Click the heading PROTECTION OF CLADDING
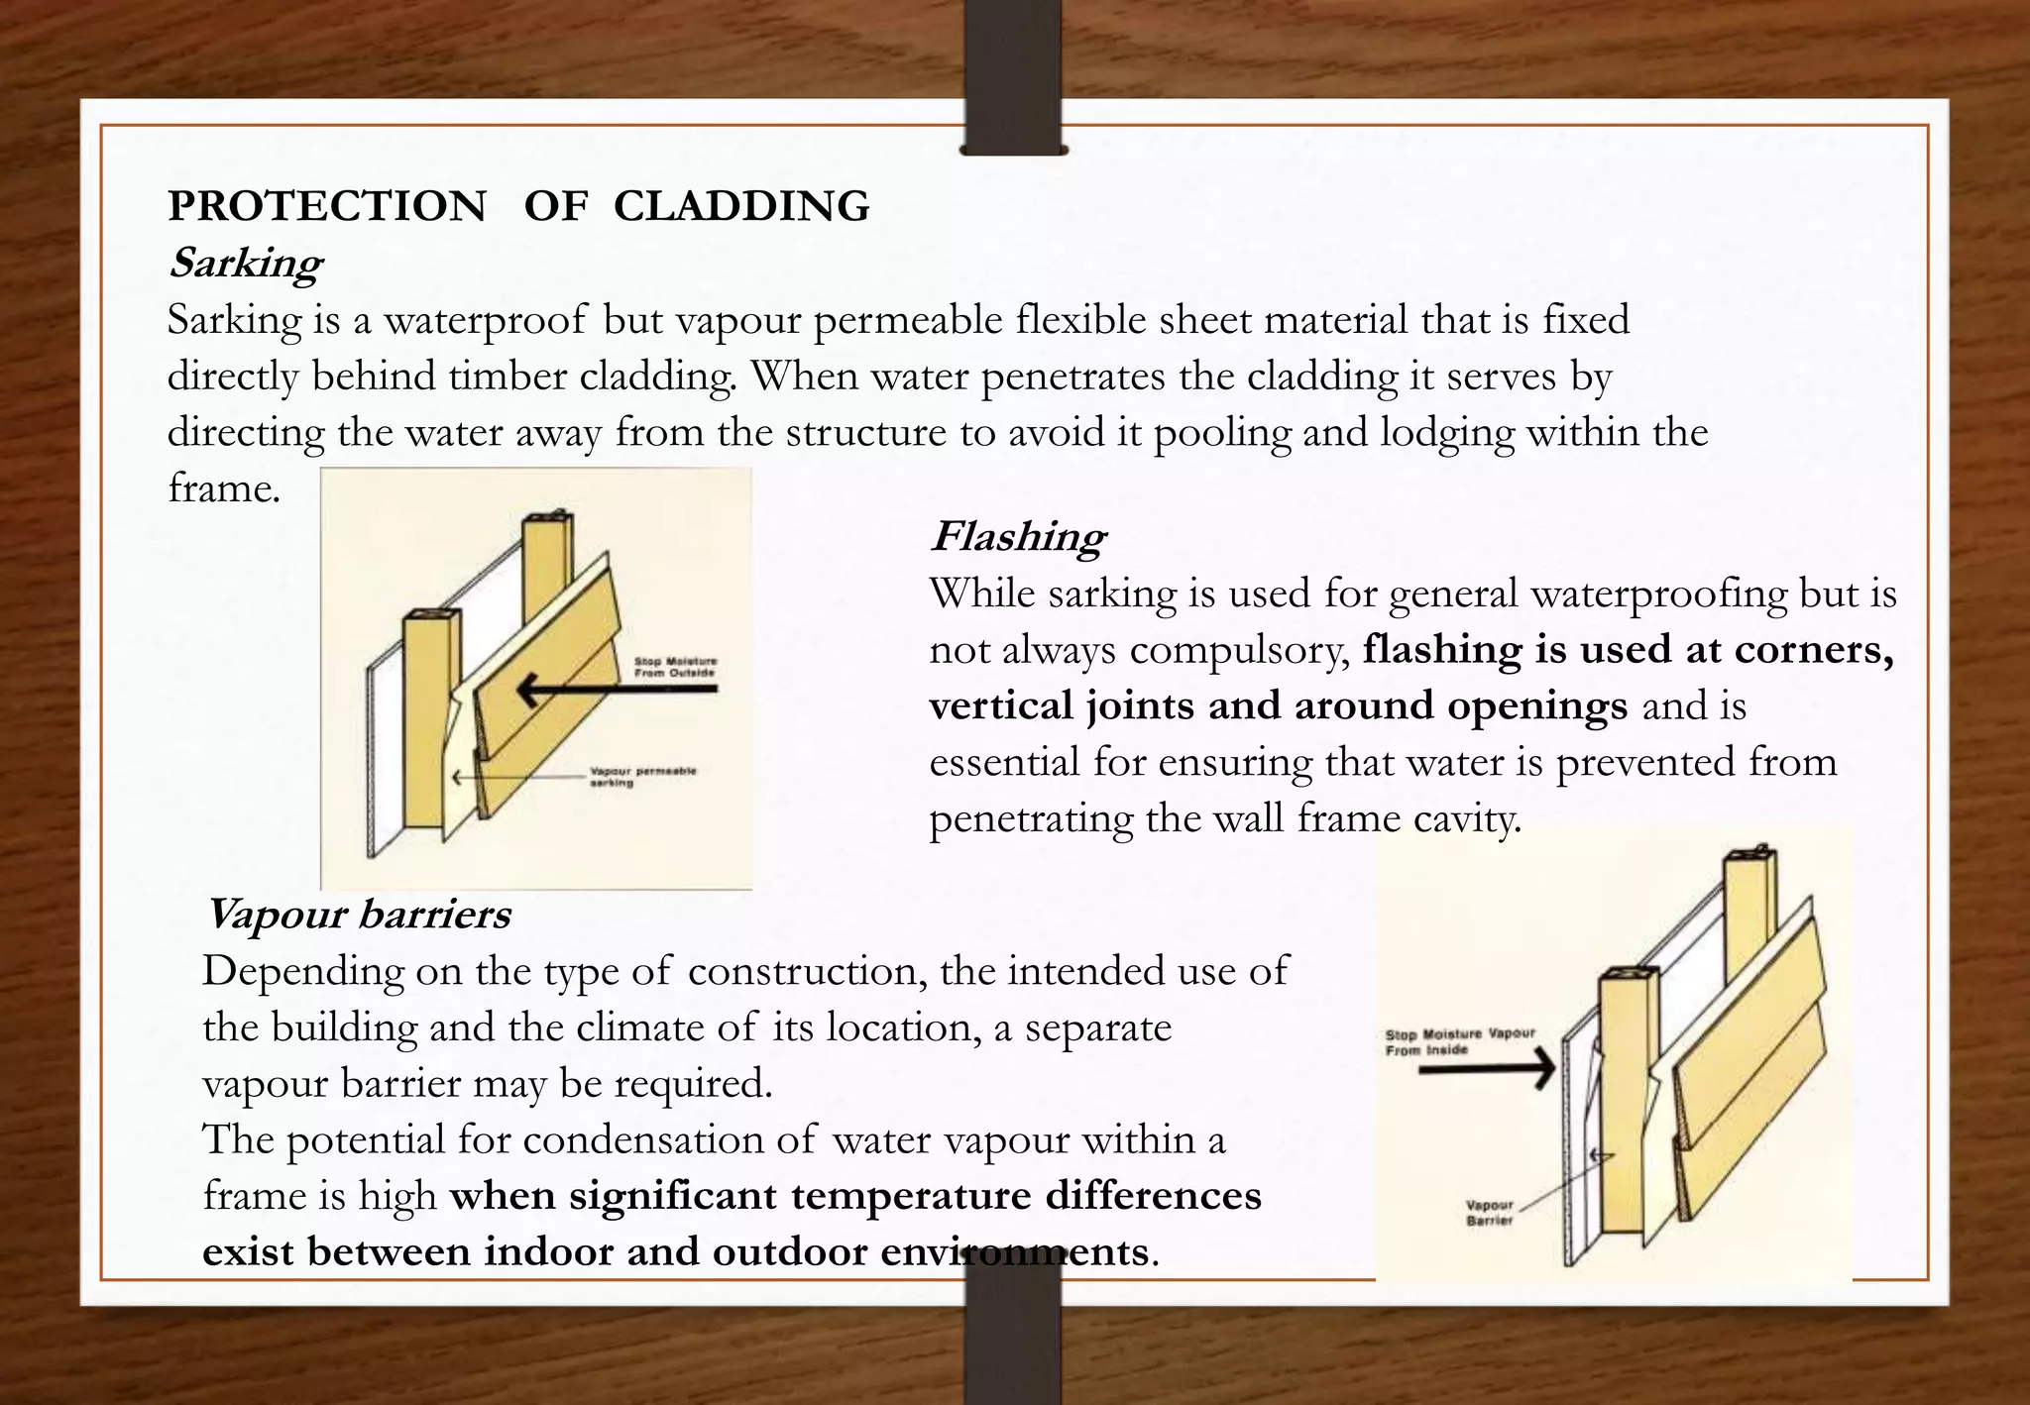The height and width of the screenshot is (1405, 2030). pos(518,206)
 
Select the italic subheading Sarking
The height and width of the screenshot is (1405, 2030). pos(245,264)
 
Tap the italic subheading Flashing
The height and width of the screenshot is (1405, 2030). pos(1017,537)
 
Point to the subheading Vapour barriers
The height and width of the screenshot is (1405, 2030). pos(357,914)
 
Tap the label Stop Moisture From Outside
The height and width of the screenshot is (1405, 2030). pos(675,667)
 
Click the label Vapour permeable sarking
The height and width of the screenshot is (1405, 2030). pos(642,776)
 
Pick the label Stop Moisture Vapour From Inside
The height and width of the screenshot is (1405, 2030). pos(1459,1040)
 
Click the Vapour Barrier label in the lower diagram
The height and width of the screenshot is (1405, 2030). pos(1490,1213)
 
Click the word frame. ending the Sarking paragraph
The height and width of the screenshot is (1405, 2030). pos(224,488)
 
